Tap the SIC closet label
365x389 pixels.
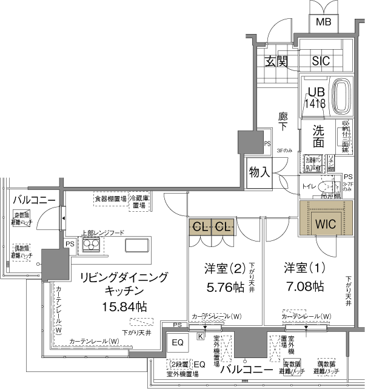(321, 61)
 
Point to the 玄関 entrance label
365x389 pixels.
(276, 61)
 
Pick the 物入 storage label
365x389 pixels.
(260, 172)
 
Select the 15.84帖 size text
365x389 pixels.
(124, 306)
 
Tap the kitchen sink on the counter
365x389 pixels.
(135, 245)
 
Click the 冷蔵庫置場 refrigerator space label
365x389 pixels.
(139, 202)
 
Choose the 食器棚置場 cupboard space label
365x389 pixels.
(110, 198)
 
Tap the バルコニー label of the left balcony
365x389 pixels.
(35, 200)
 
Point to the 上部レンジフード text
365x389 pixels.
(103, 232)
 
